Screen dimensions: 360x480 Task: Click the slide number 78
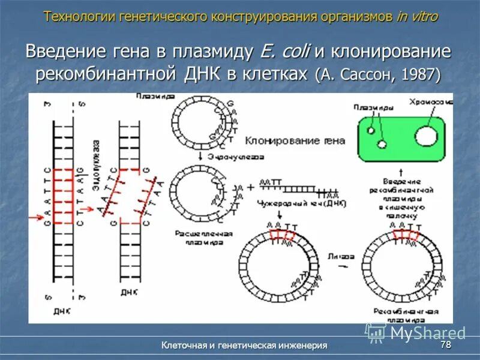click(445, 345)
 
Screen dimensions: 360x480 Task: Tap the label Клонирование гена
click(295, 141)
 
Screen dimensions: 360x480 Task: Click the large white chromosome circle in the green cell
click(427, 136)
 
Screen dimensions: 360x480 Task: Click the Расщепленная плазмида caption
click(200, 238)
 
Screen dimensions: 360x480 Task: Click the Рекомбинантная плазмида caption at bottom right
click(405, 316)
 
